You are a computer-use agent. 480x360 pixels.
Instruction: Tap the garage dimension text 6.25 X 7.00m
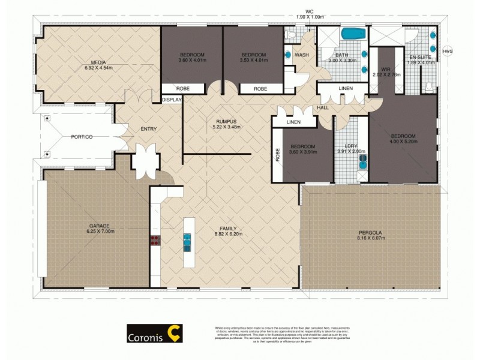tap(100, 231)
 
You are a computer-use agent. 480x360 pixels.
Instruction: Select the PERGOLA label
tap(370, 232)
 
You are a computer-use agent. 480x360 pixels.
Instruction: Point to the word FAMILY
tap(227, 228)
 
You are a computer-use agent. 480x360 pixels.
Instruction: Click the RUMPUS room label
tap(227, 121)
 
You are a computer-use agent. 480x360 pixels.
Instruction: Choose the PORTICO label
tap(81, 137)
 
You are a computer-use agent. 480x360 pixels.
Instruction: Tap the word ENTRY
tap(148, 129)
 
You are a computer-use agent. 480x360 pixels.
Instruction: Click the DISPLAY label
tap(172, 100)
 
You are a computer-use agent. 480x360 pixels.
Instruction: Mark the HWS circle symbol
tap(447, 52)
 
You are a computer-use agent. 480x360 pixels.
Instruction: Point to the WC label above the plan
tap(310, 10)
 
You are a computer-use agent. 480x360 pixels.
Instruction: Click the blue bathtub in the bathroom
tap(353, 34)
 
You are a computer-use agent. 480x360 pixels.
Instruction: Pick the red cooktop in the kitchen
tap(155, 241)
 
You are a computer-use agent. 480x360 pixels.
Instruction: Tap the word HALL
tap(323, 107)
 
